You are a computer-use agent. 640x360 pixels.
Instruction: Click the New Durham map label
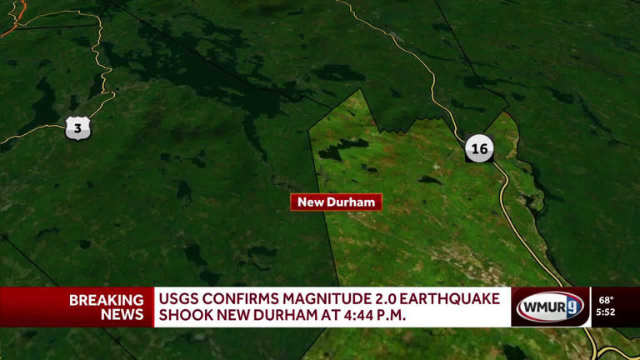pyautogui.click(x=336, y=202)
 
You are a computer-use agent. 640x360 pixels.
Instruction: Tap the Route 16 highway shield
pyautogui.click(x=479, y=149)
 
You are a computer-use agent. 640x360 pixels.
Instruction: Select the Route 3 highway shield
pyautogui.click(x=77, y=128)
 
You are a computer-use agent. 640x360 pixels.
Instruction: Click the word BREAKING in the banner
pyautogui.click(x=107, y=299)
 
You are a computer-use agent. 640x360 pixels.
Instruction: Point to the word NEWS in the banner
pyautogui.click(x=122, y=315)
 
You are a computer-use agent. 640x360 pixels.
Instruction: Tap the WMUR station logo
pyautogui.click(x=550, y=307)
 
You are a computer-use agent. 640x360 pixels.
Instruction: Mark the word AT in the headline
pyautogui.click(x=333, y=316)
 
